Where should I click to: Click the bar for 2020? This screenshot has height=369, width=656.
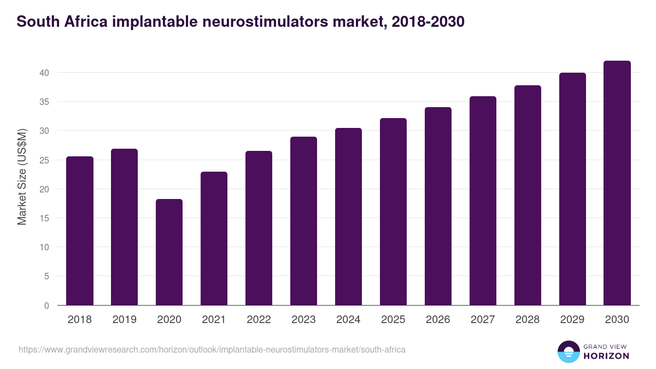169,252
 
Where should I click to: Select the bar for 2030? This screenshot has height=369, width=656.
617,183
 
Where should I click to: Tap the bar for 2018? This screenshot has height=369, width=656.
80,231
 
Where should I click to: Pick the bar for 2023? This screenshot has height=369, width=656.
303,221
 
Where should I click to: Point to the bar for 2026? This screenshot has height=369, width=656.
438,206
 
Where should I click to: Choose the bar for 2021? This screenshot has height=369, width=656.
214,238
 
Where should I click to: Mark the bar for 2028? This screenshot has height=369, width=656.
528,195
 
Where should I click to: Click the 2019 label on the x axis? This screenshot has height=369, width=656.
125,320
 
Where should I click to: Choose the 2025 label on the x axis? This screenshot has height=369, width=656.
393,320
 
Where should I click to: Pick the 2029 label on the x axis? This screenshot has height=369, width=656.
572,320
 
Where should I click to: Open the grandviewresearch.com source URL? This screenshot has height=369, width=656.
212,349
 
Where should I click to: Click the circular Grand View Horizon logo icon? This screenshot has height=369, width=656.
569,352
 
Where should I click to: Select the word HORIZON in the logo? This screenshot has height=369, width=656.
607,356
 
